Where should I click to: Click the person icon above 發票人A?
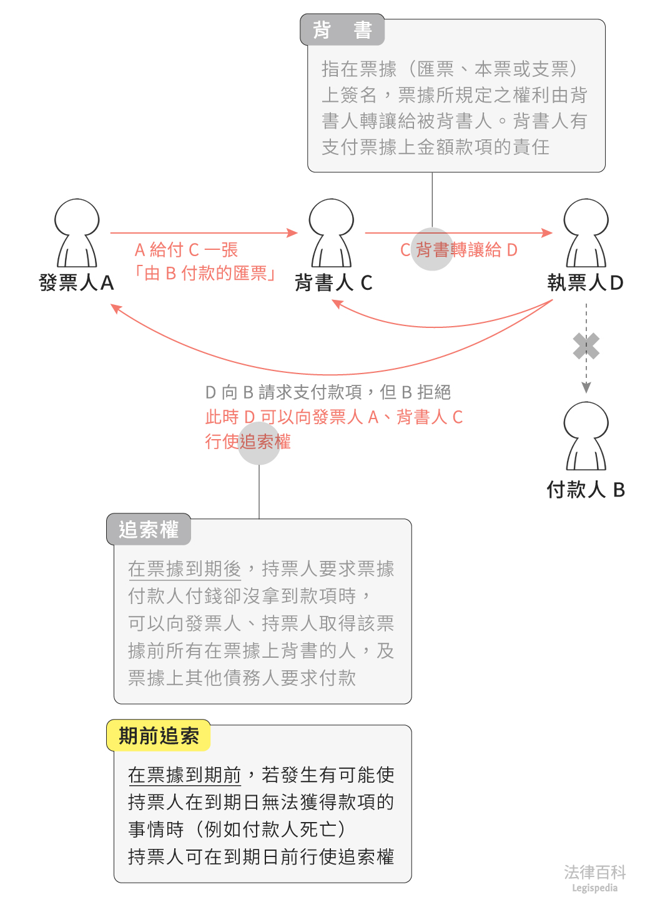pos(77,233)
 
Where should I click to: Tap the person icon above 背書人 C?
pos(332,233)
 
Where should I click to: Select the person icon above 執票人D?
pos(586,233)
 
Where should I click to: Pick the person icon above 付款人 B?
pos(586,436)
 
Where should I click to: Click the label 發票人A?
pos(76,283)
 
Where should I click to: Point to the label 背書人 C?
pos(333,283)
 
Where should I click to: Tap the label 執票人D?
pos(585,283)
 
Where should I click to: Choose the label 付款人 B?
pos(586,490)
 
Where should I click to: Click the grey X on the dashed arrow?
pos(586,346)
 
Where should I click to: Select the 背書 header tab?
pos(342,30)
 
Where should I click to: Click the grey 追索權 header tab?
pos(149,530)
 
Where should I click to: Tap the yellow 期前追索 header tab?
pos(159,736)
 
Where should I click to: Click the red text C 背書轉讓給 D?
pos(459,250)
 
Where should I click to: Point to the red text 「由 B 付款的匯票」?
pos(205,273)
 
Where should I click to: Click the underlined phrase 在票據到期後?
pos(184,569)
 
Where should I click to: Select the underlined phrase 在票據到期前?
pos(184,775)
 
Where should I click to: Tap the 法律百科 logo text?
pos(594,872)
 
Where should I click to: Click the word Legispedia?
pos(594,888)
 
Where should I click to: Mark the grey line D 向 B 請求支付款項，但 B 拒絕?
pos(328,392)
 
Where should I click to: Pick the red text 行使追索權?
pos(248,442)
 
